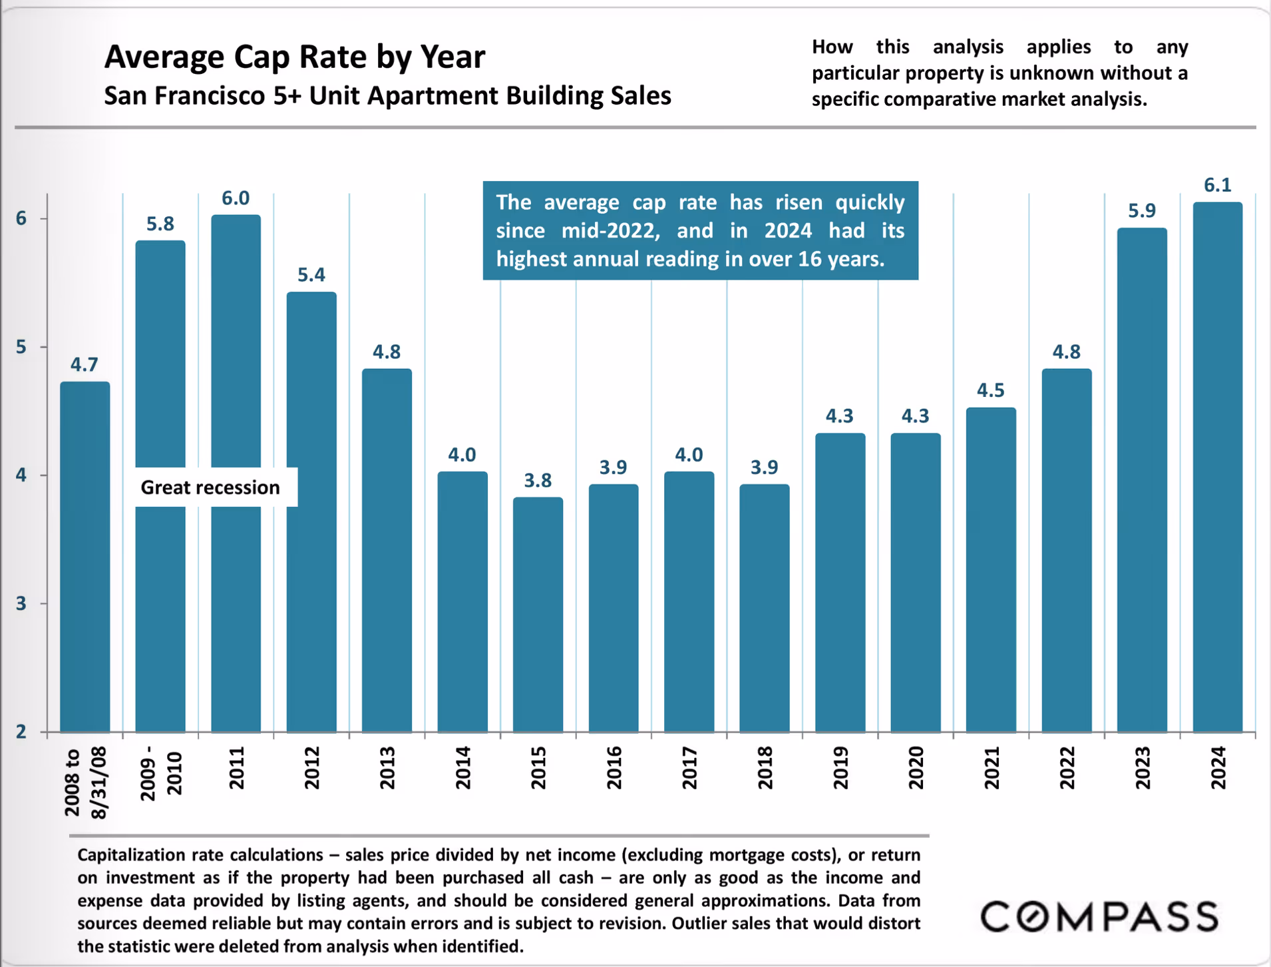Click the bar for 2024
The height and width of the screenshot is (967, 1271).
pos(1217,466)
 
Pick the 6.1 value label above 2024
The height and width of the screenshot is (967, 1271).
pos(1217,185)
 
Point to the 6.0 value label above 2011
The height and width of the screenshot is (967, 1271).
pos(236,198)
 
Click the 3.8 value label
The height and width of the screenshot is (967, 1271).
pos(538,480)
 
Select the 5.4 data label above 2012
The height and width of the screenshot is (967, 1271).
pos(311,275)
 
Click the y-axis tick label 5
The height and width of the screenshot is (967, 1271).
pos(22,347)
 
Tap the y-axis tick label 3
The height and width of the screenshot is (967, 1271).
pos(22,603)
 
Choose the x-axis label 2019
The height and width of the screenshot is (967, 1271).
pos(840,767)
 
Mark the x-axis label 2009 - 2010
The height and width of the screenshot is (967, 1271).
pos(160,773)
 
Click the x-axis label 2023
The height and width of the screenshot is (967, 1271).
pos(1143,767)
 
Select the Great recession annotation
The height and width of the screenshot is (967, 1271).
pos(210,487)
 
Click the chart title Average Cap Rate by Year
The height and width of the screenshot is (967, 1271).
pos(295,57)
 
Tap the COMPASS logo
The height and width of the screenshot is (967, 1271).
pos(1099,916)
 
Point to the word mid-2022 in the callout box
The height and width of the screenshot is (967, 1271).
pos(610,230)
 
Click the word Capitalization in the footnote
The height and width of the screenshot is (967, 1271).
pos(130,855)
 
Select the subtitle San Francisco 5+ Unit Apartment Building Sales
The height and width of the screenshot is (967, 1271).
pos(387,96)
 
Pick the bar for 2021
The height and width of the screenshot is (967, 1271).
pos(991,569)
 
